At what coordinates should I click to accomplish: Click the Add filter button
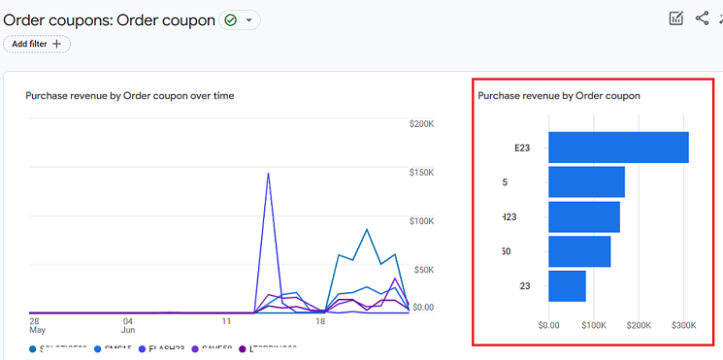pyautogui.click(x=36, y=44)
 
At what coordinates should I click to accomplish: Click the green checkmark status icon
pyautogui.click(x=230, y=19)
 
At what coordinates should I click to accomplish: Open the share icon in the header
pyautogui.click(x=702, y=18)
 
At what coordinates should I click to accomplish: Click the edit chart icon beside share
pyautogui.click(x=676, y=18)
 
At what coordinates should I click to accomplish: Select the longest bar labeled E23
pyautogui.click(x=618, y=147)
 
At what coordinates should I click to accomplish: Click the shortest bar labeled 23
pyautogui.click(x=567, y=286)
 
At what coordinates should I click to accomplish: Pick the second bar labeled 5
pyautogui.click(x=586, y=181)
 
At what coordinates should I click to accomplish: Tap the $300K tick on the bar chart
pyautogui.click(x=684, y=327)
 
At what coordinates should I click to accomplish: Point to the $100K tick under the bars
pyautogui.click(x=594, y=327)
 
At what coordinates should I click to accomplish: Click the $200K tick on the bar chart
pyautogui.click(x=640, y=327)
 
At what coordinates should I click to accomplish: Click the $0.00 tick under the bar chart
pyautogui.click(x=549, y=327)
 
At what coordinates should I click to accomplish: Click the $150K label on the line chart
pyautogui.click(x=421, y=173)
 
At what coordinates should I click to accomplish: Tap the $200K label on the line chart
pyautogui.click(x=421, y=124)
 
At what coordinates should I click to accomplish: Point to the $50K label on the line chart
pyautogui.click(x=423, y=270)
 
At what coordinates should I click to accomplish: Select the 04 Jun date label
pyautogui.click(x=127, y=326)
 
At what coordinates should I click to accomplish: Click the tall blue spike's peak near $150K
pyautogui.click(x=268, y=174)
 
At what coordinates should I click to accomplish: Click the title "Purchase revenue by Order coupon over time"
pyautogui.click(x=129, y=96)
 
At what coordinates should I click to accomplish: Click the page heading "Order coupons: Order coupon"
pyautogui.click(x=110, y=19)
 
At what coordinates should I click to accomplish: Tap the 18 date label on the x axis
pyautogui.click(x=319, y=320)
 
